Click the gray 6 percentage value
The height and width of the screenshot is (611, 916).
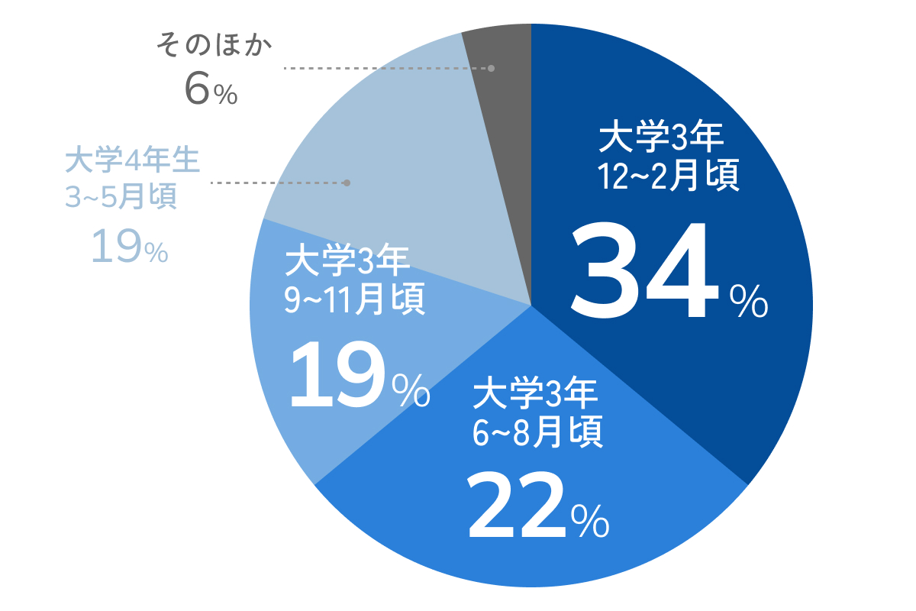click(x=196, y=90)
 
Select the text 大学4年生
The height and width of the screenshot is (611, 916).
click(x=132, y=161)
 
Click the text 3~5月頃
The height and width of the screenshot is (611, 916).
click(x=121, y=197)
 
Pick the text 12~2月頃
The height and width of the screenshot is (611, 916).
click(x=669, y=176)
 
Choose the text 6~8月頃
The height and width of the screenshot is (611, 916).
click(x=538, y=433)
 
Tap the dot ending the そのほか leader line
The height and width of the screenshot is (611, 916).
click(x=491, y=68)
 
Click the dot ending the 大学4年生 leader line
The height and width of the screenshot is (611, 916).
click(x=347, y=183)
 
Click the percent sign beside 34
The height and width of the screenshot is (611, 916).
click(x=748, y=300)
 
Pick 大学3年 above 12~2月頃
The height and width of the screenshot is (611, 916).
click(x=660, y=139)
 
